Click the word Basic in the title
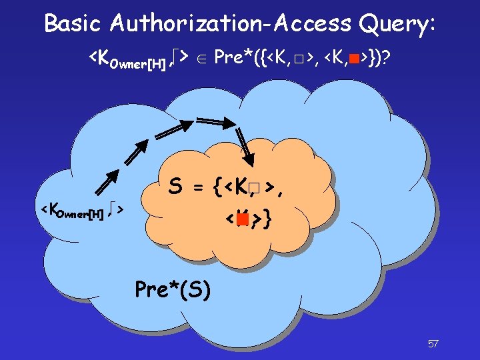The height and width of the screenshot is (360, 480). pyautogui.click(x=73, y=23)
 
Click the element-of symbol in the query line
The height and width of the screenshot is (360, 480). pyautogui.click(x=203, y=59)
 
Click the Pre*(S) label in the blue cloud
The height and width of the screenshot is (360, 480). pyautogui.click(x=173, y=289)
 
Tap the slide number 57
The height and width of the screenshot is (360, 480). pyautogui.click(x=433, y=344)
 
